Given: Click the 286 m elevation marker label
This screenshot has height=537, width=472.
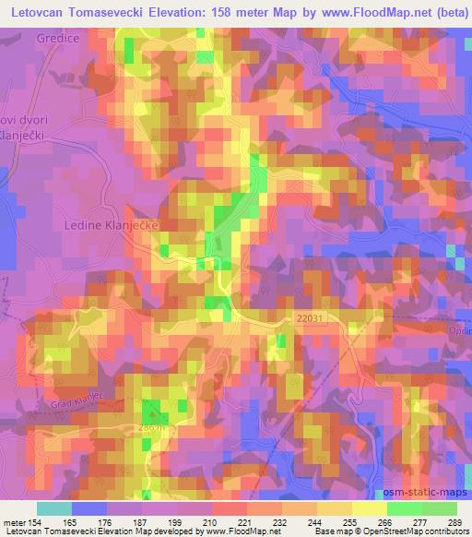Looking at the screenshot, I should [x=150, y=427].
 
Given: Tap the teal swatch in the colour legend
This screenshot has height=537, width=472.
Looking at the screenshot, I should [x=53, y=507].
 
